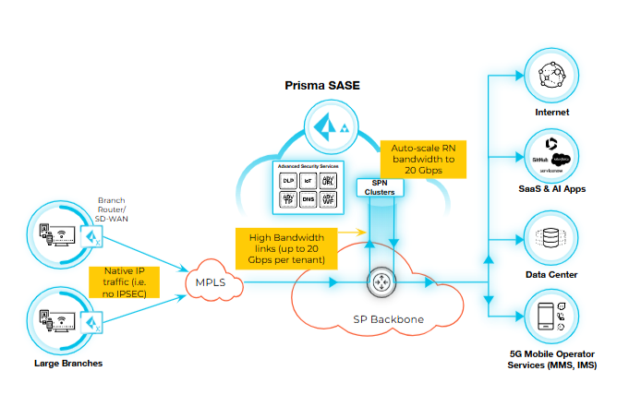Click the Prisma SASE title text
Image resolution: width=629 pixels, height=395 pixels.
pyautogui.click(x=321, y=86)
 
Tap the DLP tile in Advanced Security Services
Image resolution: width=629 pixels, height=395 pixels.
pyautogui.click(x=289, y=181)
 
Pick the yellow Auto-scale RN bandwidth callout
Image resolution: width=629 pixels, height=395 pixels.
pyautogui.click(x=422, y=158)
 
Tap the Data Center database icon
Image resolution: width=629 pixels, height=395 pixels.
pyautogui.click(x=551, y=238)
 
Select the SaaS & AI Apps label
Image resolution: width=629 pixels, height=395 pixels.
pyautogui.click(x=551, y=189)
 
